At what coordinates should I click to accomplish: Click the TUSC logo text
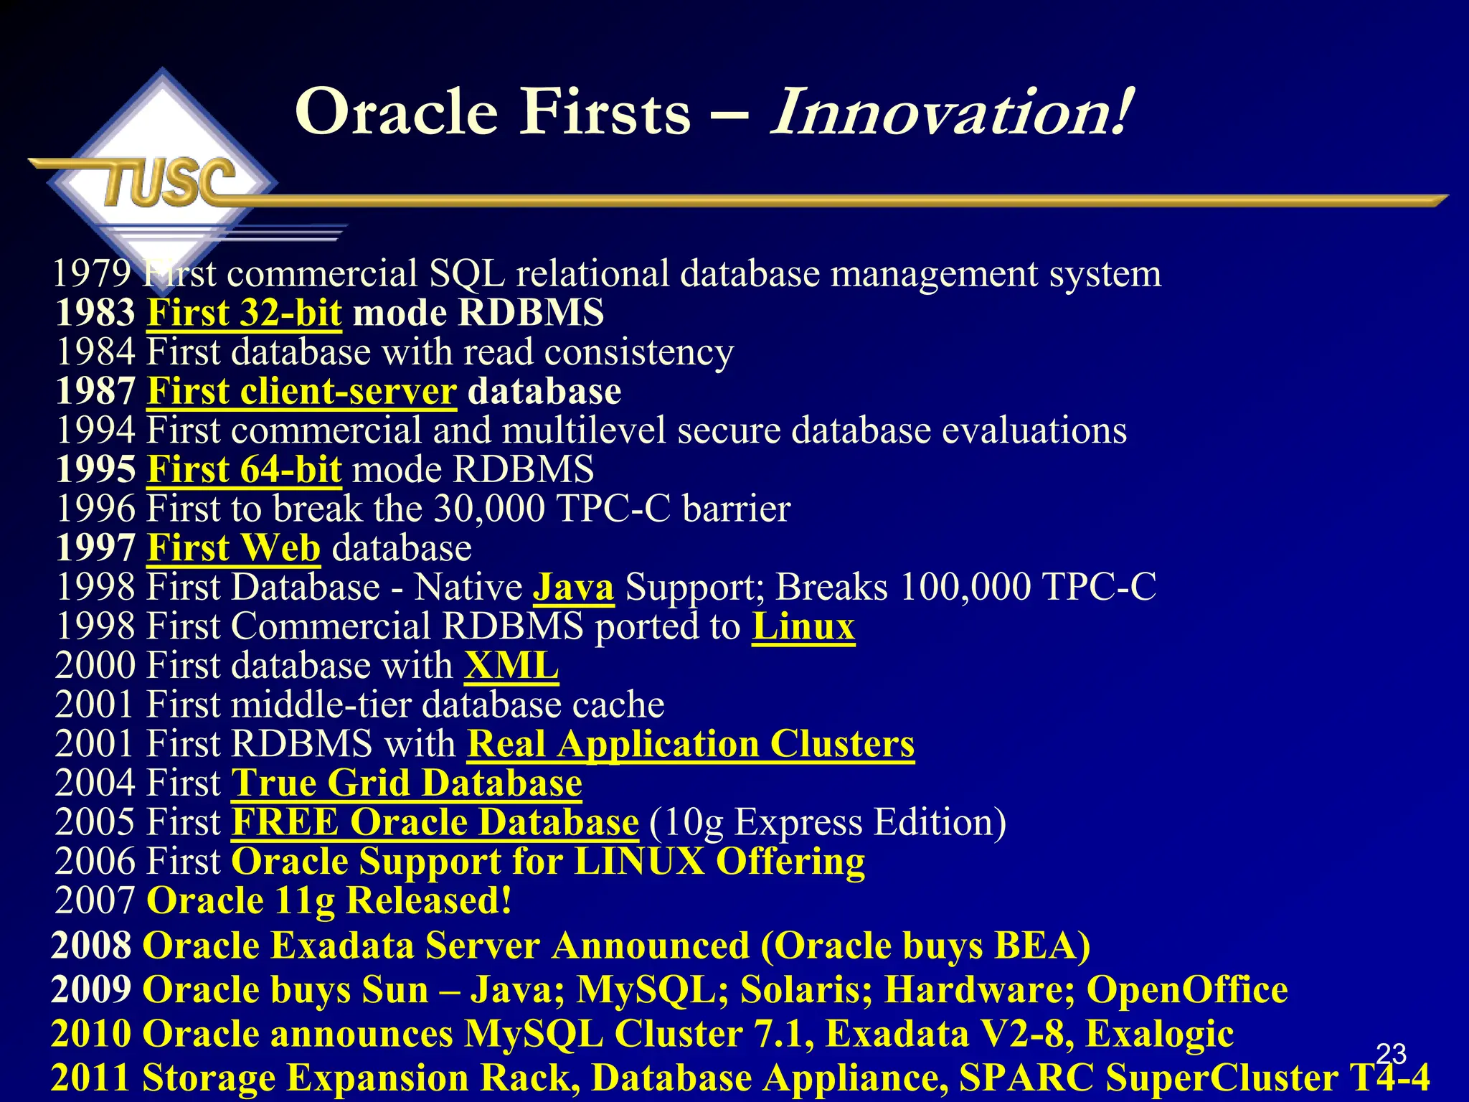(x=169, y=181)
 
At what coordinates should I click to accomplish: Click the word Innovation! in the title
(x=951, y=112)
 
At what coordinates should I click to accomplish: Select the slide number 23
(x=1391, y=1053)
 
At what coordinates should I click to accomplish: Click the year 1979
(x=92, y=273)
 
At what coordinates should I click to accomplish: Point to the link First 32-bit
(x=245, y=313)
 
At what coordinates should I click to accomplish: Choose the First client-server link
(x=302, y=391)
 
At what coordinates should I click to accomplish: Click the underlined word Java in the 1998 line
(x=573, y=587)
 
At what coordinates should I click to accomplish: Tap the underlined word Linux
(x=803, y=626)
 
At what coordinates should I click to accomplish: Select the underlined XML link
(x=511, y=665)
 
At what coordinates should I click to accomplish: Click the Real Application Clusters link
(x=691, y=743)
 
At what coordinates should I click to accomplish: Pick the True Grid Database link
(x=407, y=783)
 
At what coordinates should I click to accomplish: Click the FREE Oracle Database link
(x=435, y=822)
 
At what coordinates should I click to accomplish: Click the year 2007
(x=95, y=900)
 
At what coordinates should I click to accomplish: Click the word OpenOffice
(x=1187, y=990)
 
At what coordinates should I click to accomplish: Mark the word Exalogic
(x=1160, y=1034)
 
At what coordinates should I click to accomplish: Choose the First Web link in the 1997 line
(x=234, y=548)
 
